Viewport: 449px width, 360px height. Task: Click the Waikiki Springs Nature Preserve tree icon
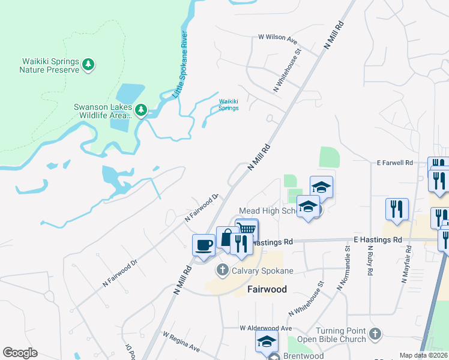[x=88, y=64]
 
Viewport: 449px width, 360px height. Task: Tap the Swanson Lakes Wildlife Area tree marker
[x=141, y=110]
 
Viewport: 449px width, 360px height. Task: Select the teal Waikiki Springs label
[x=229, y=104]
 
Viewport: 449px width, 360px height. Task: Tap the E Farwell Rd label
[x=395, y=163]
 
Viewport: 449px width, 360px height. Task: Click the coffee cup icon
[x=203, y=244]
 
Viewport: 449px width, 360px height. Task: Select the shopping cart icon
[x=247, y=229]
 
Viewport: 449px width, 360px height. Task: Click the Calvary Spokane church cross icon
[x=223, y=270]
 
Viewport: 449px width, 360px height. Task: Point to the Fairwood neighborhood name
[x=267, y=289]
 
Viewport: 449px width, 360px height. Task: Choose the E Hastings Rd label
[x=378, y=240]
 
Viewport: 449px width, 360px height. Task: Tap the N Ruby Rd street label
[x=369, y=260]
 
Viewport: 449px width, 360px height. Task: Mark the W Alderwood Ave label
[x=265, y=328]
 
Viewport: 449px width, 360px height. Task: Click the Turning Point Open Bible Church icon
[x=375, y=332]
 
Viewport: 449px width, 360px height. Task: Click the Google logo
[x=20, y=353]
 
